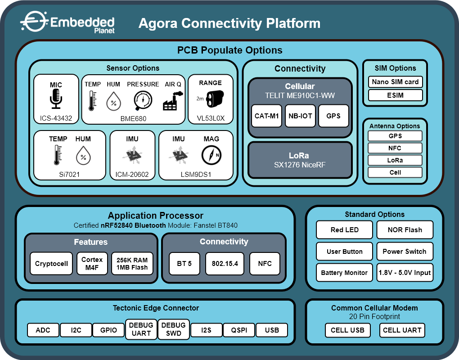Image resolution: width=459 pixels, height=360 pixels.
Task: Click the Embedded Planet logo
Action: [67, 22]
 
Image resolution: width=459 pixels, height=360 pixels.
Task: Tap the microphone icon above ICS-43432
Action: [56, 99]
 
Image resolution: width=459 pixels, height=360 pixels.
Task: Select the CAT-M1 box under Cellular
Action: [266, 116]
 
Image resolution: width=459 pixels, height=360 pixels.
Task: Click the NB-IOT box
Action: [300, 116]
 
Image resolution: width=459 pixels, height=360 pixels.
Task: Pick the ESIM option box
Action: [395, 95]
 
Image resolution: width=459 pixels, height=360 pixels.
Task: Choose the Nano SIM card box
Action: [395, 81]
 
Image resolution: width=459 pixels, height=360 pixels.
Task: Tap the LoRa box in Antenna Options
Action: [395, 160]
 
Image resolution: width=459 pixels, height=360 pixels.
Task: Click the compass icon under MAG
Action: [211, 155]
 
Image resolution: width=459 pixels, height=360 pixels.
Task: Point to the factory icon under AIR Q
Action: [173, 101]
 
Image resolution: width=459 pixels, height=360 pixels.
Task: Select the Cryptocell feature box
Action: [51, 263]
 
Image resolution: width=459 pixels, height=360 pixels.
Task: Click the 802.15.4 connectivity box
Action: [225, 263]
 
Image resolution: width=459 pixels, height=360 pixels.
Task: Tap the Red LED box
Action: [345, 230]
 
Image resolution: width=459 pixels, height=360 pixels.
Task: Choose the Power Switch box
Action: [405, 251]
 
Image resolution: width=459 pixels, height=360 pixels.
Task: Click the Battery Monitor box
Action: [345, 273]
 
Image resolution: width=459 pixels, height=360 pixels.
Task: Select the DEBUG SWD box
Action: [174, 329]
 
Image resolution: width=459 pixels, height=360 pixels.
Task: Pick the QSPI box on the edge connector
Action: [239, 330]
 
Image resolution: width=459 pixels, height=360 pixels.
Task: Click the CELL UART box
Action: [402, 330]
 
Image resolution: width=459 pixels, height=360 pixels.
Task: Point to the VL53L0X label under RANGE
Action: [211, 118]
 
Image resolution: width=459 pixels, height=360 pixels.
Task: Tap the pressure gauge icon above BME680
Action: [143, 100]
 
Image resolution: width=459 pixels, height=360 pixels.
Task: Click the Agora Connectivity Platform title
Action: [229, 23]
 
